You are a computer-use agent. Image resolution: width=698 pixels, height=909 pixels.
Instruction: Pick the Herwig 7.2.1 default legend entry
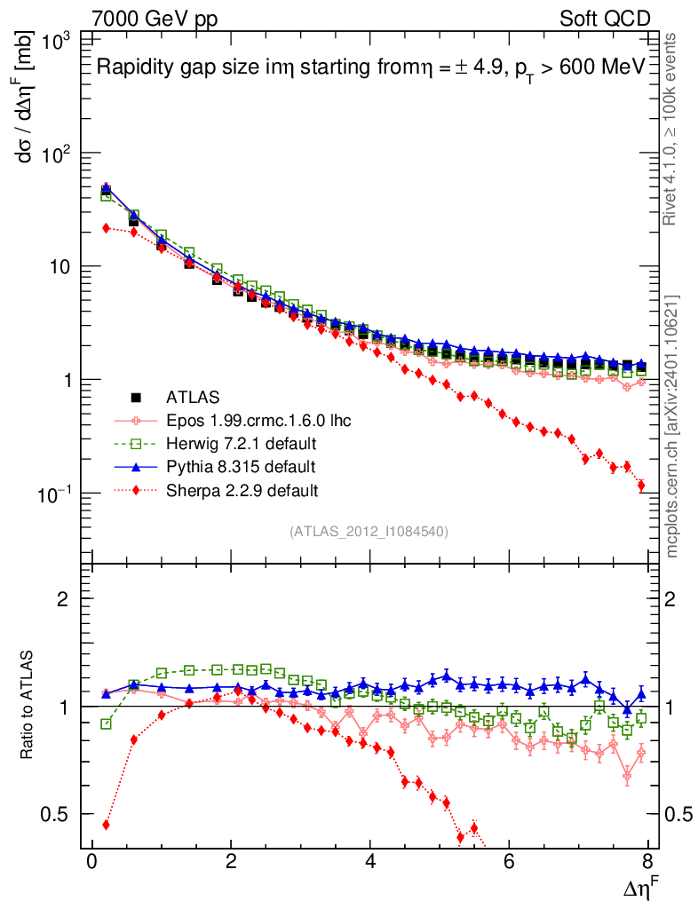coord(241,442)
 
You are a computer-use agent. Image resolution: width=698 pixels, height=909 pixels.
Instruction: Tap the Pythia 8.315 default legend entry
coord(241,466)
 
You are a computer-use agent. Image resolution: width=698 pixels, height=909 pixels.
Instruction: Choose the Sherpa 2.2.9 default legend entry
coord(241,489)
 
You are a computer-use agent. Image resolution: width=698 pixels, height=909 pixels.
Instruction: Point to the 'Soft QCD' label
coord(605,19)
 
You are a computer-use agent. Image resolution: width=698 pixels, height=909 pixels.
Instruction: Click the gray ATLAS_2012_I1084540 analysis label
coord(368,532)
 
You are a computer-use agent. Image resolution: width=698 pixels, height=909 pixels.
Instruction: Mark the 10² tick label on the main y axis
coord(59,153)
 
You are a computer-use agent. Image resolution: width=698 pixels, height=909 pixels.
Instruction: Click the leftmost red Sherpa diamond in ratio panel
coord(106,825)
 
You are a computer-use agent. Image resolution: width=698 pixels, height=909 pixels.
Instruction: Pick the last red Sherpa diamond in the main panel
coord(641,486)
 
